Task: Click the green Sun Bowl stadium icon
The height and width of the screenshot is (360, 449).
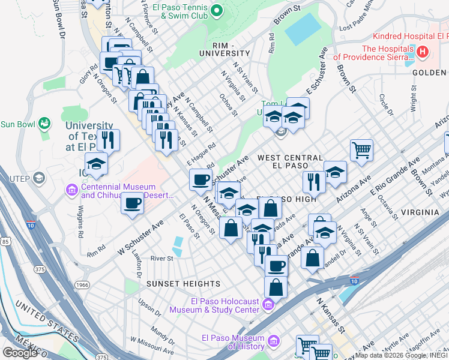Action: click(x=43, y=124)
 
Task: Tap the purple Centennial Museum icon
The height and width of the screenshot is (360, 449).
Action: click(x=71, y=191)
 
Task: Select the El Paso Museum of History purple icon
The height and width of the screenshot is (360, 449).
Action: click(x=274, y=342)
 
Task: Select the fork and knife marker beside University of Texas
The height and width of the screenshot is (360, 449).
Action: click(x=109, y=140)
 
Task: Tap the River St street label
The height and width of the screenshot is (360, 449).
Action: click(x=161, y=259)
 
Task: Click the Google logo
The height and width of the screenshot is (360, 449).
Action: click(x=20, y=352)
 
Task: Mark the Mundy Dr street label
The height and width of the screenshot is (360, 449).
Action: click(x=163, y=332)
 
